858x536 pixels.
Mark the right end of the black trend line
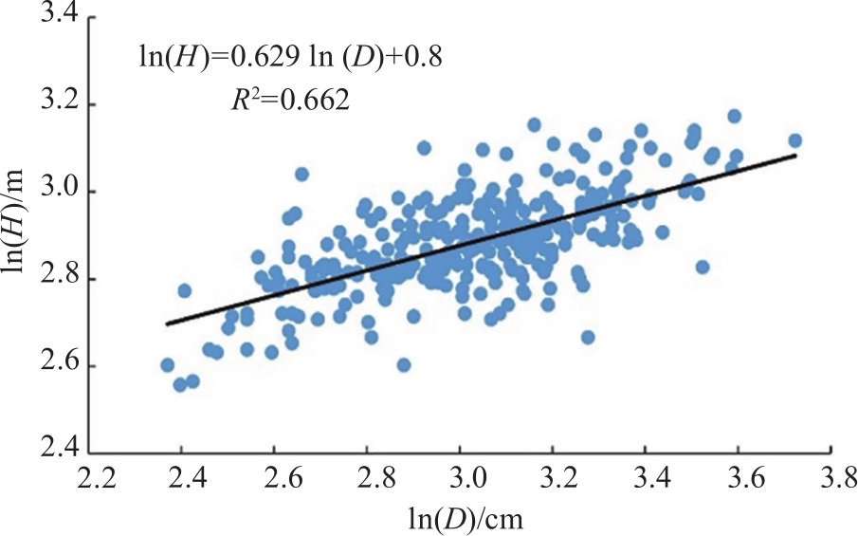coord(794,156)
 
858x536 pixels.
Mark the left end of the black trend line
coord(167,324)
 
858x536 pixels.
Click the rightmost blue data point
coord(794,140)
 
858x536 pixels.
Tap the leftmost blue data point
coord(168,365)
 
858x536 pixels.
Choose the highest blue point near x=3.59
coord(734,116)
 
